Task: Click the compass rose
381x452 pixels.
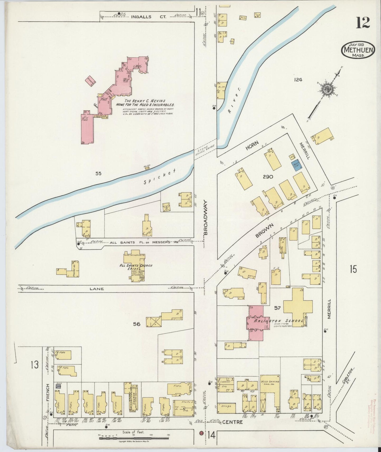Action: tap(328, 89)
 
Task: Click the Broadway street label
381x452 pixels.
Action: tap(206, 217)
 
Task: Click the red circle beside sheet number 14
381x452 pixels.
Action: tap(201, 433)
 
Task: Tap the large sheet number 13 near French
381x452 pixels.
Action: tap(34, 365)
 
